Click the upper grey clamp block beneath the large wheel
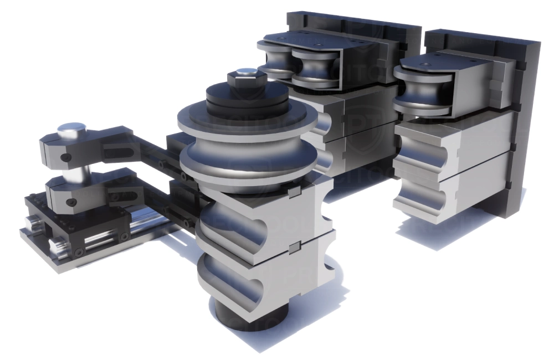click(260, 216)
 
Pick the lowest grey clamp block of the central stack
click(260, 277)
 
